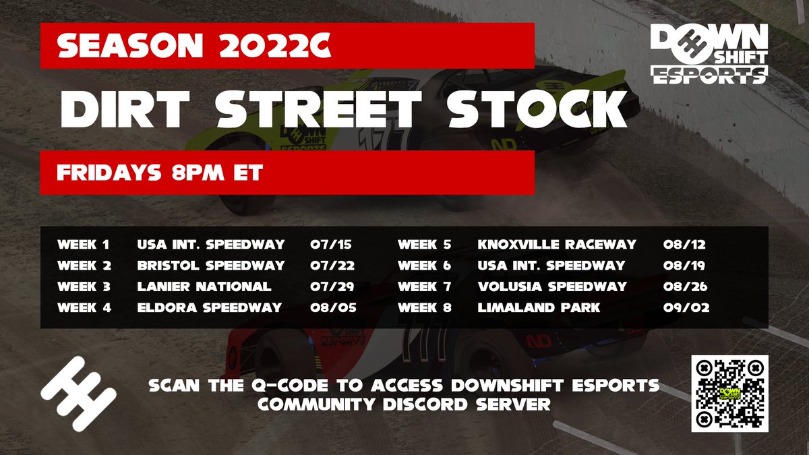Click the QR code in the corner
[730, 393]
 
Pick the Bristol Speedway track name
[210, 266]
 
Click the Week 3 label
[84, 286]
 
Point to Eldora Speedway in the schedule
[209, 307]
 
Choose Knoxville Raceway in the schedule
[557, 244]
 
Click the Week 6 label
[424, 266]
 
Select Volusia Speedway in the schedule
[551, 286]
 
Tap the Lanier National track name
[204, 286]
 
